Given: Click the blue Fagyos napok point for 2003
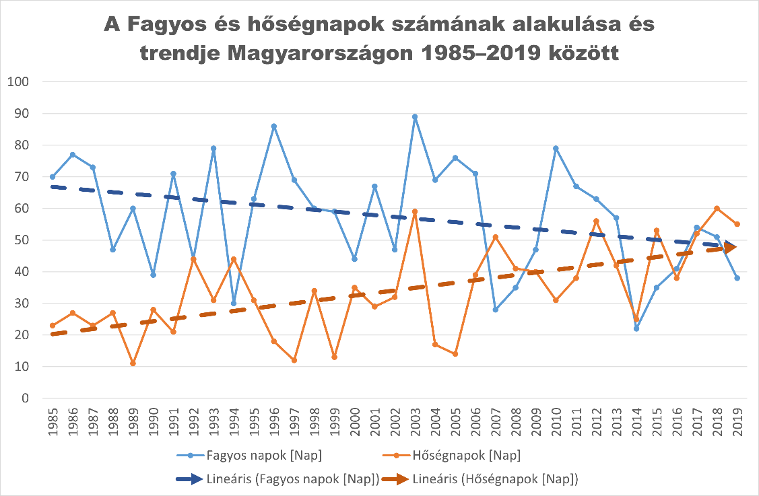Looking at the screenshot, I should pyautogui.click(x=415, y=116).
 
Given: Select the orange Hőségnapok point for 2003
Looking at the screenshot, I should pyautogui.click(x=415, y=211).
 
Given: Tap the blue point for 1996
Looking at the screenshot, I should pyautogui.click(x=274, y=126).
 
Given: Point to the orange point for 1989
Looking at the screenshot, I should pyautogui.click(x=133, y=363).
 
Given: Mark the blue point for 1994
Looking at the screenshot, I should pyautogui.click(x=234, y=303).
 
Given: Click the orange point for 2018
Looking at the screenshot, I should pyautogui.click(x=717, y=208).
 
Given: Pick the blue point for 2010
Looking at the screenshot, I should pyautogui.click(x=556, y=148).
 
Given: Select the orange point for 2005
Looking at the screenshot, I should pyautogui.click(x=455, y=354).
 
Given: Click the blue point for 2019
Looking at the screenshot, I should pyautogui.click(x=737, y=278).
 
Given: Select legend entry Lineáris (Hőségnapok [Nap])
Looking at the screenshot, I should pyautogui.click(x=496, y=479).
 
